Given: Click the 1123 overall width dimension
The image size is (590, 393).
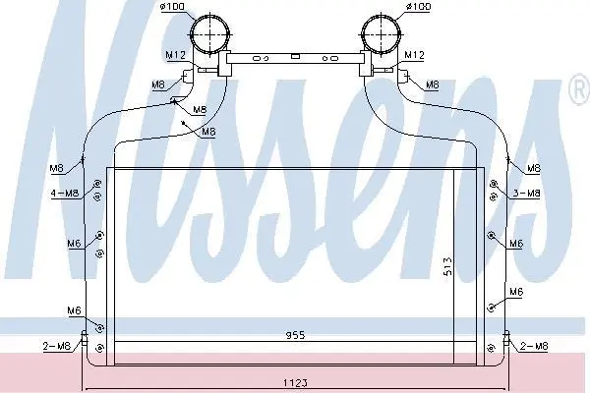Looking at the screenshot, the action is pos(295,383).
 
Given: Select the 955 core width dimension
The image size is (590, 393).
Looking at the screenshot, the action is pos(295,335).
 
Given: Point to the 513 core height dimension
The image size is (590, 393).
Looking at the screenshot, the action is pos(447,266).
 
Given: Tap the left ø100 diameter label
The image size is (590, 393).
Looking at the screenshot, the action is pos(173,7).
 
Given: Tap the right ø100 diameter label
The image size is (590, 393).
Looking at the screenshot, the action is pos(418,7).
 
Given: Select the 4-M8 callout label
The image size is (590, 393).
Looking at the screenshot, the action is pos(65,194).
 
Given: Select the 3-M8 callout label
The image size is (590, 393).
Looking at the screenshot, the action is pos(526,194).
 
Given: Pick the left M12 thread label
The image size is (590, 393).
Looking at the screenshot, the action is pos(176,55).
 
